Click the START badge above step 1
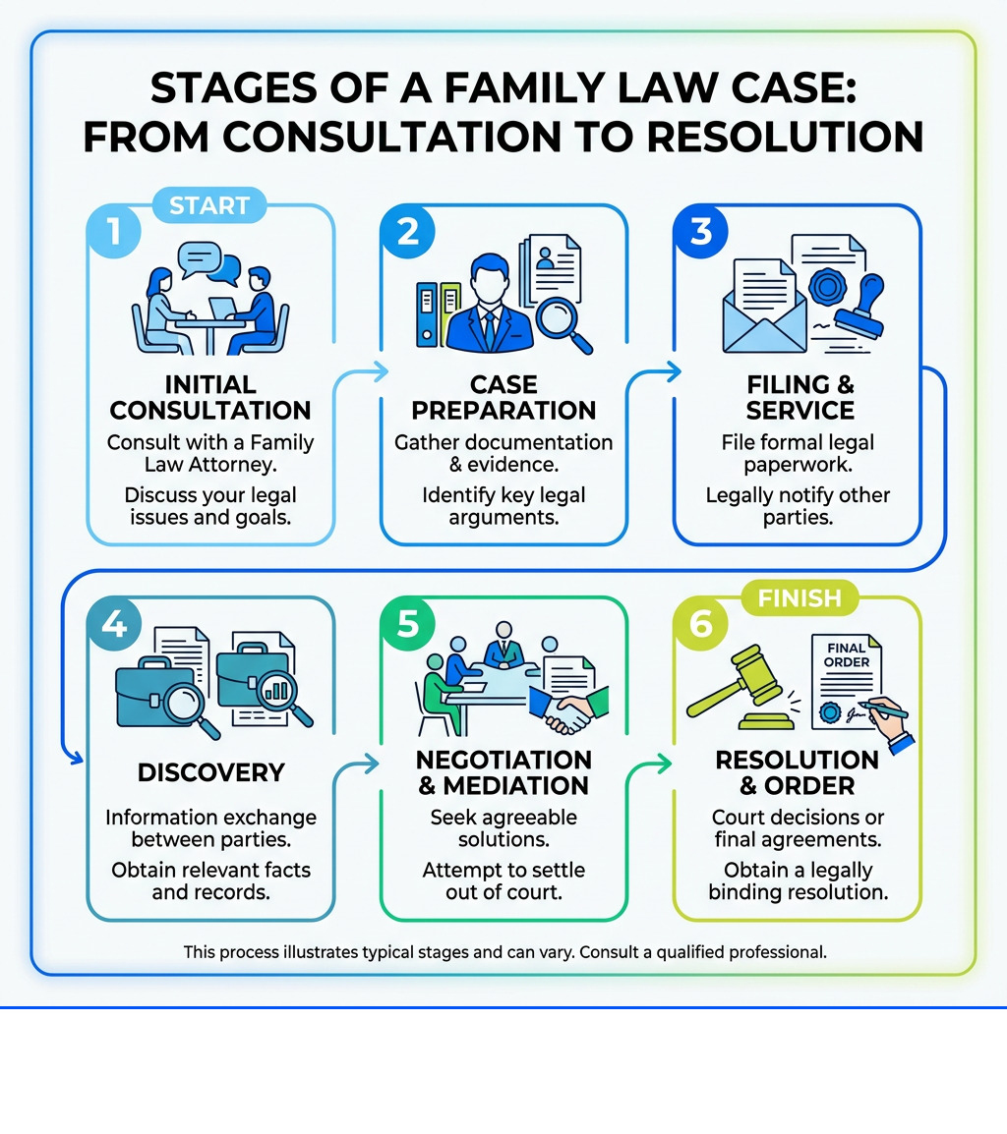point(209,206)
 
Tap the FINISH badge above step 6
point(800,596)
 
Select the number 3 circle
point(701,232)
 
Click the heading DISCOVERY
point(211,772)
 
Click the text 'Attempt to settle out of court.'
point(503,882)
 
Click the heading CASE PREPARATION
point(503,397)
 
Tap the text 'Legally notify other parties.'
point(798,505)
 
